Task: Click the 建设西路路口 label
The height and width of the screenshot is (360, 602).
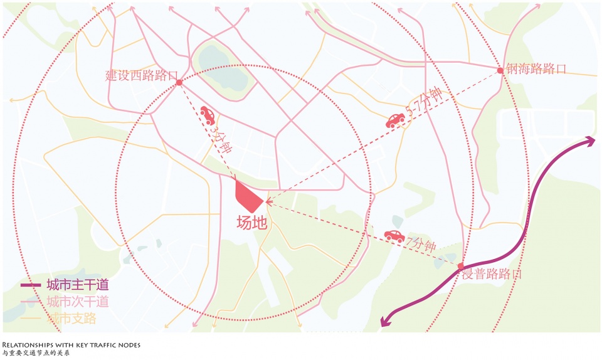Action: (141, 76)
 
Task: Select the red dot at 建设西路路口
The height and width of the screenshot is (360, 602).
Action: (179, 82)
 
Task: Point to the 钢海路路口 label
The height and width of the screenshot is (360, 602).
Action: (537, 69)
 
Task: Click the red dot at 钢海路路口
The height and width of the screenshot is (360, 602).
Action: (500, 70)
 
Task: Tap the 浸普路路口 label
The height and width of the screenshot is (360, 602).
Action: (493, 274)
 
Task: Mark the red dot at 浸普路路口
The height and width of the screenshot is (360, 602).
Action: (461, 266)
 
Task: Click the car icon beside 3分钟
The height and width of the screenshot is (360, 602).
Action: (208, 114)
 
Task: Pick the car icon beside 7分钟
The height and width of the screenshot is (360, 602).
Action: (394, 236)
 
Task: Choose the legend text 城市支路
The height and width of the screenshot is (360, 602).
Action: (71, 318)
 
